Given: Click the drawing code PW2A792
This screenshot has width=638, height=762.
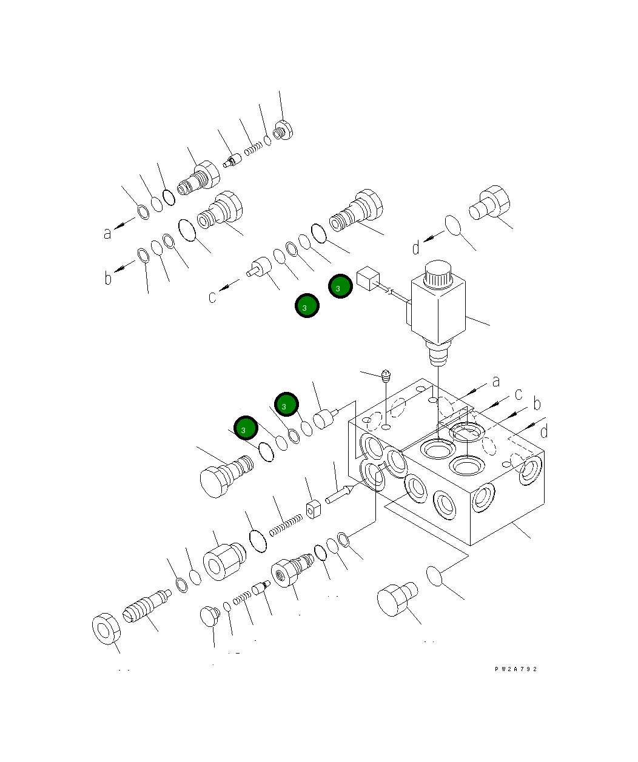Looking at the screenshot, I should (515, 669).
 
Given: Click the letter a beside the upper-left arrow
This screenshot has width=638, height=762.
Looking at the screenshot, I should (108, 232).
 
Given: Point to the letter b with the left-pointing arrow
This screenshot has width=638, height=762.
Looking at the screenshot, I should (109, 278).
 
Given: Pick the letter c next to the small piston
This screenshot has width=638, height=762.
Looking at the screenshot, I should (212, 297).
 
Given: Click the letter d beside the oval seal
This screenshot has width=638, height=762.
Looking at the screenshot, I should (416, 247).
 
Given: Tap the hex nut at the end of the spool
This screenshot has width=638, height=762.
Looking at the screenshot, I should (106, 628).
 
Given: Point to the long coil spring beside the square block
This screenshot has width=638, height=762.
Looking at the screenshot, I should (285, 525).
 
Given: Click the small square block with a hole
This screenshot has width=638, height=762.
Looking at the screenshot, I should (313, 509).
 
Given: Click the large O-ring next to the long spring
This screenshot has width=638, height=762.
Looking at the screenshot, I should (258, 540).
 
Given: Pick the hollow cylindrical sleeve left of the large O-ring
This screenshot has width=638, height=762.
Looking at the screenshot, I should (223, 563).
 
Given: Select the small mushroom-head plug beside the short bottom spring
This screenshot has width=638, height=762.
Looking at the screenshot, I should (209, 616).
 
